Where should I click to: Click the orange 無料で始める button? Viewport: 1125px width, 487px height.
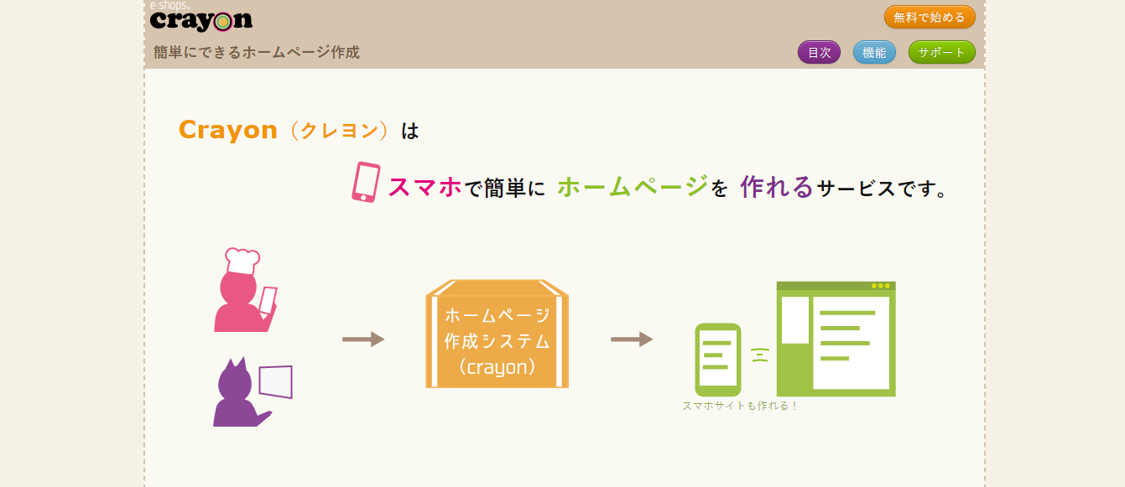tap(930, 17)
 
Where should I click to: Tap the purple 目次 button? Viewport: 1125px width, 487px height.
tap(819, 52)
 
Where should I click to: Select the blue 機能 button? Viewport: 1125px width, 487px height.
tap(874, 52)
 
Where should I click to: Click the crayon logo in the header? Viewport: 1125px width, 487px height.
tap(201, 17)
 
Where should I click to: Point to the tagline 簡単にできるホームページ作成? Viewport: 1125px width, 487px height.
tap(257, 52)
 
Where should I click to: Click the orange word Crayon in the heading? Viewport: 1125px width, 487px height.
tap(228, 130)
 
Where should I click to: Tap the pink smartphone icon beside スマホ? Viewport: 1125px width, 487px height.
tap(366, 182)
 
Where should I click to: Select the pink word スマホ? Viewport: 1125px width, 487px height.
tap(424, 187)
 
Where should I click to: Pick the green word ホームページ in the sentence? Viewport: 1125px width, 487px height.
tap(633, 186)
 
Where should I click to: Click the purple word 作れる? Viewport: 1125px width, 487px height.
tap(777, 187)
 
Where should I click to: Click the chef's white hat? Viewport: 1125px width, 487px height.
tap(242, 261)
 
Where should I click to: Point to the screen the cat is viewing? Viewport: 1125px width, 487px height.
tap(276, 382)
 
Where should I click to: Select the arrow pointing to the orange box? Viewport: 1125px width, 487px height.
tap(363, 339)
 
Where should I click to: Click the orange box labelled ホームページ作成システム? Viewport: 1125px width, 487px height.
tap(497, 334)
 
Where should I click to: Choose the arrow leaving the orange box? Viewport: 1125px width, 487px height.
tap(632, 339)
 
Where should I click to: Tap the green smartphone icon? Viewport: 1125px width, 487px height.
tap(717, 360)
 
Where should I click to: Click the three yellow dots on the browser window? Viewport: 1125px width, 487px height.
tap(880, 286)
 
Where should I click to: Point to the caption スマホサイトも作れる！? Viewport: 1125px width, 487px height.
tap(740, 406)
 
